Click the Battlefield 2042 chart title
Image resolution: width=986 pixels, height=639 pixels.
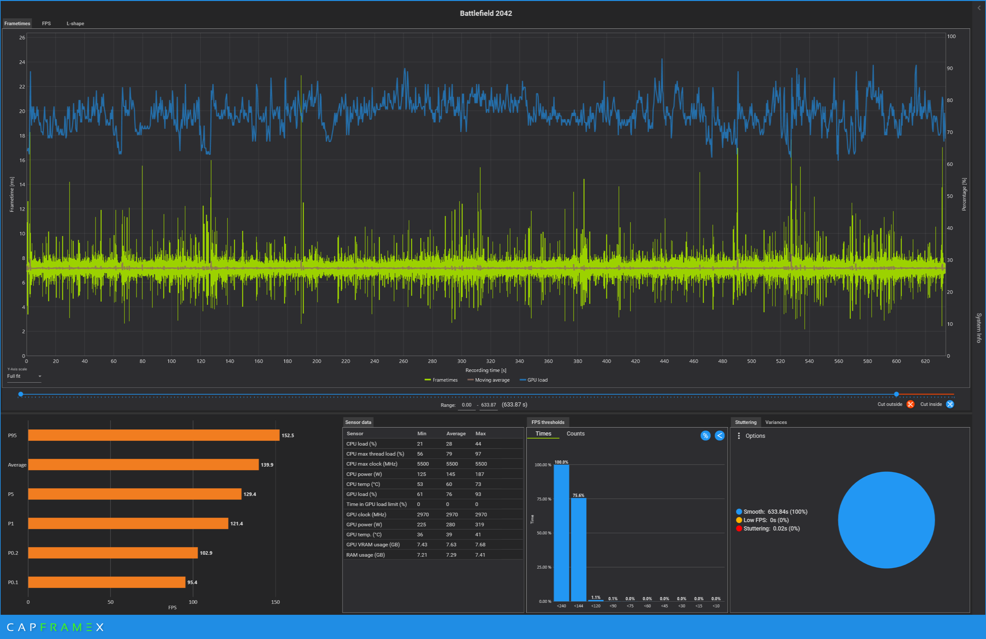pos(486,13)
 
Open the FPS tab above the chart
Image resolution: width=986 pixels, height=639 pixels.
pos(47,24)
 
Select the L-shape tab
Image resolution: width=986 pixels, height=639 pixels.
pos(75,24)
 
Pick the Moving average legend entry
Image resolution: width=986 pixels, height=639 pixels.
pos(488,380)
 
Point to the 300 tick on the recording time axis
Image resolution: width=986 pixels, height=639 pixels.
pos(462,361)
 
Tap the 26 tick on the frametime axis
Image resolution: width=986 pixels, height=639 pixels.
pos(22,38)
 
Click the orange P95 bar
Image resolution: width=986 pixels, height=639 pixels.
pos(154,435)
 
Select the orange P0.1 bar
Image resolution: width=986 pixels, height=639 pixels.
pos(107,582)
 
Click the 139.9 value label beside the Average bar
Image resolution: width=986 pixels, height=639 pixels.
pos(267,465)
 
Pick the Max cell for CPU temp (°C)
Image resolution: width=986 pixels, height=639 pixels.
pos(478,484)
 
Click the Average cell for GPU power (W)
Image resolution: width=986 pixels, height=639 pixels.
pos(450,524)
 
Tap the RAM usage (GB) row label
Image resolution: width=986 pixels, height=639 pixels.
pos(365,555)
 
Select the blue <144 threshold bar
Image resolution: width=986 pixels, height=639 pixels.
pos(578,550)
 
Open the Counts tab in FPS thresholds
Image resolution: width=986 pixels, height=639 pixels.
pos(575,434)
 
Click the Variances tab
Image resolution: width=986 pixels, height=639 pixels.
pos(776,422)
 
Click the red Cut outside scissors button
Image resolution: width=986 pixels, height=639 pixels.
pos(910,404)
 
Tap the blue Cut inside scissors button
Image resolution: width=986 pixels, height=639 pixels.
pos(950,404)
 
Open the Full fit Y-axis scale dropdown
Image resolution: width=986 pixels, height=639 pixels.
pos(24,376)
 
